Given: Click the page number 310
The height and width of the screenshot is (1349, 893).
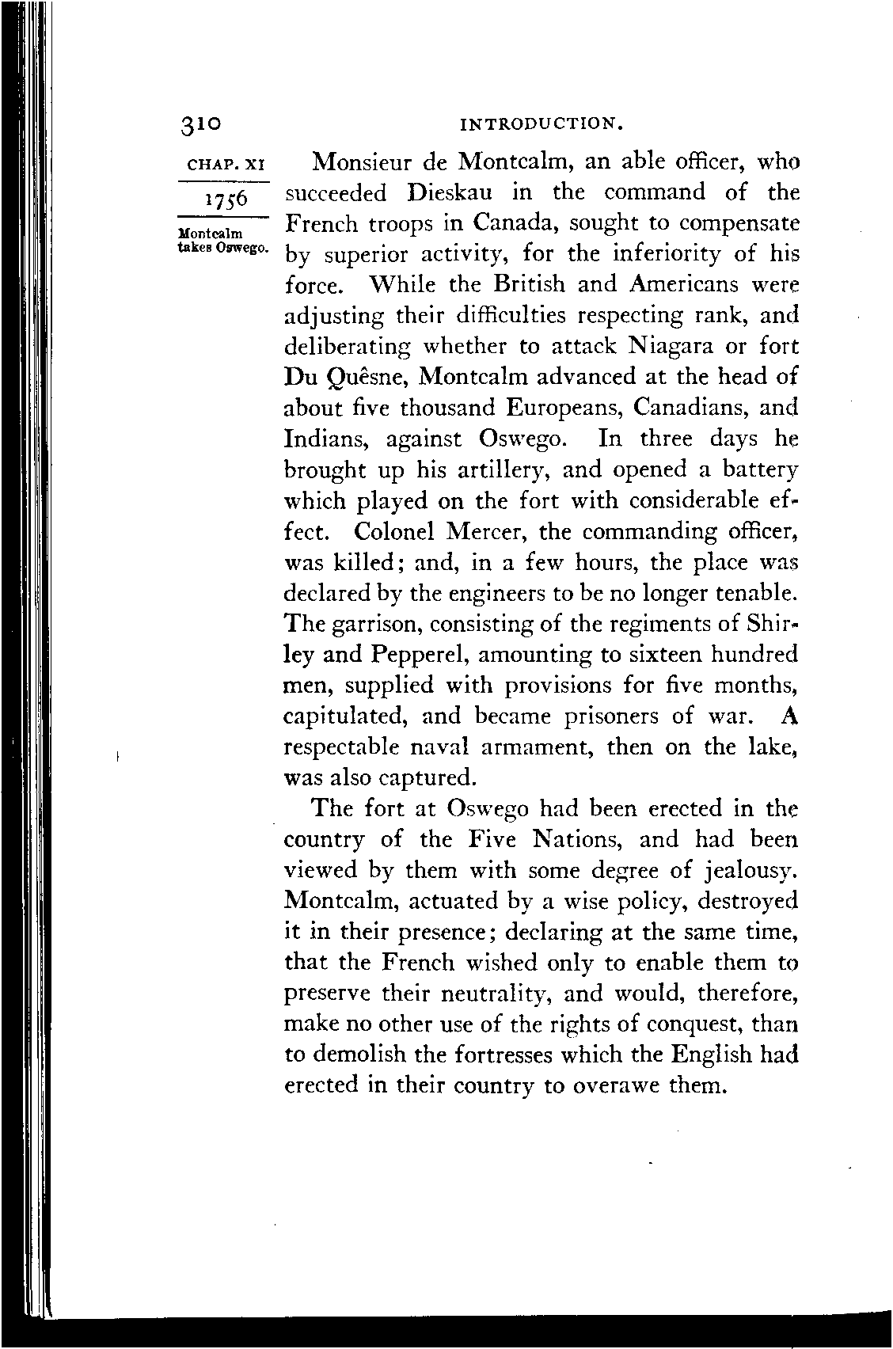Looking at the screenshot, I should point(203,125).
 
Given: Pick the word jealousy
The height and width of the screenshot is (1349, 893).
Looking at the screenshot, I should point(748,871).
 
